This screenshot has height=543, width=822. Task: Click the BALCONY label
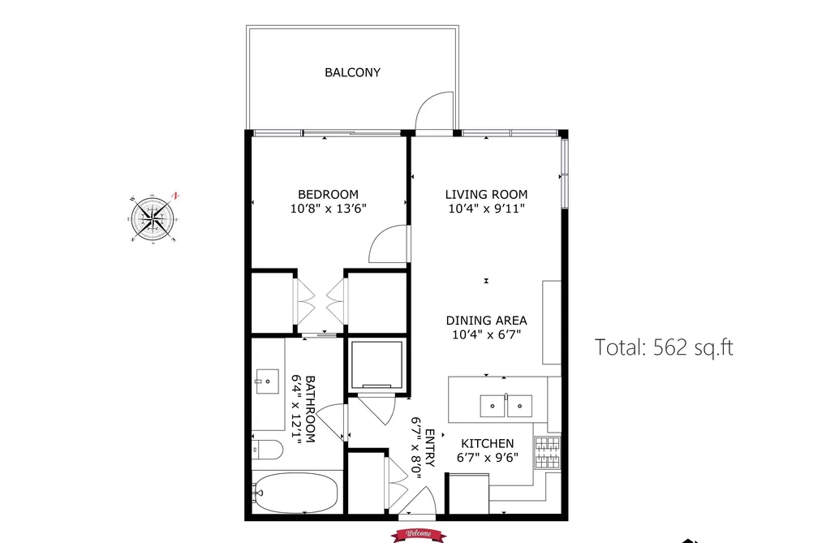pyautogui.click(x=352, y=72)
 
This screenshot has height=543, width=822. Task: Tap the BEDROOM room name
pyautogui.click(x=328, y=195)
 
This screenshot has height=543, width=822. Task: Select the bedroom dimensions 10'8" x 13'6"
pyautogui.click(x=328, y=209)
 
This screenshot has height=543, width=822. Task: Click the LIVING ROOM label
pyautogui.click(x=487, y=195)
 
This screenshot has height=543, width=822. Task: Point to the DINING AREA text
pyautogui.click(x=487, y=321)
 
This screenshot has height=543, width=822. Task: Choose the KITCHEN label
pyautogui.click(x=488, y=443)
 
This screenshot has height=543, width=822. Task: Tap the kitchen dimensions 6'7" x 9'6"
pyautogui.click(x=488, y=458)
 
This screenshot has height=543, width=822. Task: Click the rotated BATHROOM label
pyautogui.click(x=310, y=409)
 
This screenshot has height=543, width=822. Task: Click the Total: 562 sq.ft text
pyautogui.click(x=664, y=347)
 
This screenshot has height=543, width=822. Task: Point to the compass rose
pyautogui.click(x=153, y=218)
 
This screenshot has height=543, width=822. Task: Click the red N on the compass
pyautogui.click(x=176, y=196)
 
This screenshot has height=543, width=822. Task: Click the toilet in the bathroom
pyautogui.click(x=267, y=449)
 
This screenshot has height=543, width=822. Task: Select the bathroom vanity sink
pyautogui.click(x=267, y=381)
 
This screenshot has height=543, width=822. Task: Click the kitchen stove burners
pyautogui.click(x=548, y=452)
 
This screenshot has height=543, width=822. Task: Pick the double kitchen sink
pyautogui.click(x=506, y=406)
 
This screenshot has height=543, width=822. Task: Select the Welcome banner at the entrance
pyautogui.click(x=419, y=535)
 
